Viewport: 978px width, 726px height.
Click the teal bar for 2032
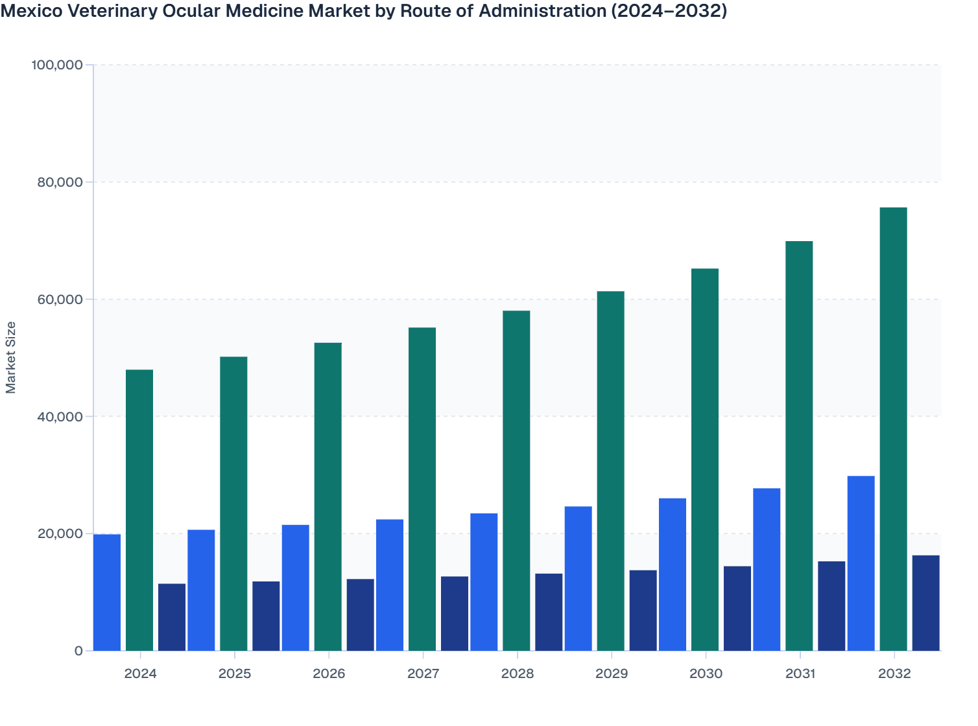893,429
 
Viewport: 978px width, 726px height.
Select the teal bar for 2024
139,510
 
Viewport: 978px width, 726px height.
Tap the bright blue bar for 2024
107,592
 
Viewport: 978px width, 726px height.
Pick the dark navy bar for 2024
172,617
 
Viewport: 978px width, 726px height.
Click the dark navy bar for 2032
925,603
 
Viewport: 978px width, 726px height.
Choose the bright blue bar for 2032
861,563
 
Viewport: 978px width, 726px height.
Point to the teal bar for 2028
516,480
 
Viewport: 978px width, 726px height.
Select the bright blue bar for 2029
578,578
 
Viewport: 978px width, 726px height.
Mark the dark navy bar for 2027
455,613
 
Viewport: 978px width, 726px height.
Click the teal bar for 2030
705,460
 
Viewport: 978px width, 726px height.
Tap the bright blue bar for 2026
295,587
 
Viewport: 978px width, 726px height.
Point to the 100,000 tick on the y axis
57,65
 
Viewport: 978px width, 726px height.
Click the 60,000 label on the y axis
57,299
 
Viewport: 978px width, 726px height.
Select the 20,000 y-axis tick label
57,533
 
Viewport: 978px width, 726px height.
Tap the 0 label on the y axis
78,651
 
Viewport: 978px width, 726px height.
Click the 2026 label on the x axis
329,673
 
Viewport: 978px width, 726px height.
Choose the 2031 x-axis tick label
800,673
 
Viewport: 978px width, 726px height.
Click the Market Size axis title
11,357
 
